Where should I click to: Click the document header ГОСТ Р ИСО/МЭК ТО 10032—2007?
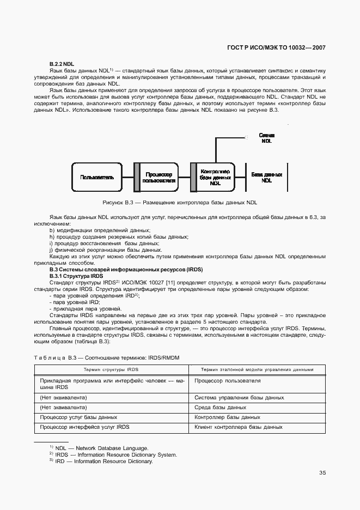pos(276,47)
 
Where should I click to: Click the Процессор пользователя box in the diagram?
pos(159,177)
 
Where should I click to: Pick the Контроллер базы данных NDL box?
pos(216,177)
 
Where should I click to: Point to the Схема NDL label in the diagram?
pos(266,137)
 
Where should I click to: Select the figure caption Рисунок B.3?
pos(180,202)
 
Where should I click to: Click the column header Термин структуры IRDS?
pos(113,369)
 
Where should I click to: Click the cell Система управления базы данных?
pos(239,397)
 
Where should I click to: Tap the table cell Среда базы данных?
pos(221,407)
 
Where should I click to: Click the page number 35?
pos(322,472)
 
